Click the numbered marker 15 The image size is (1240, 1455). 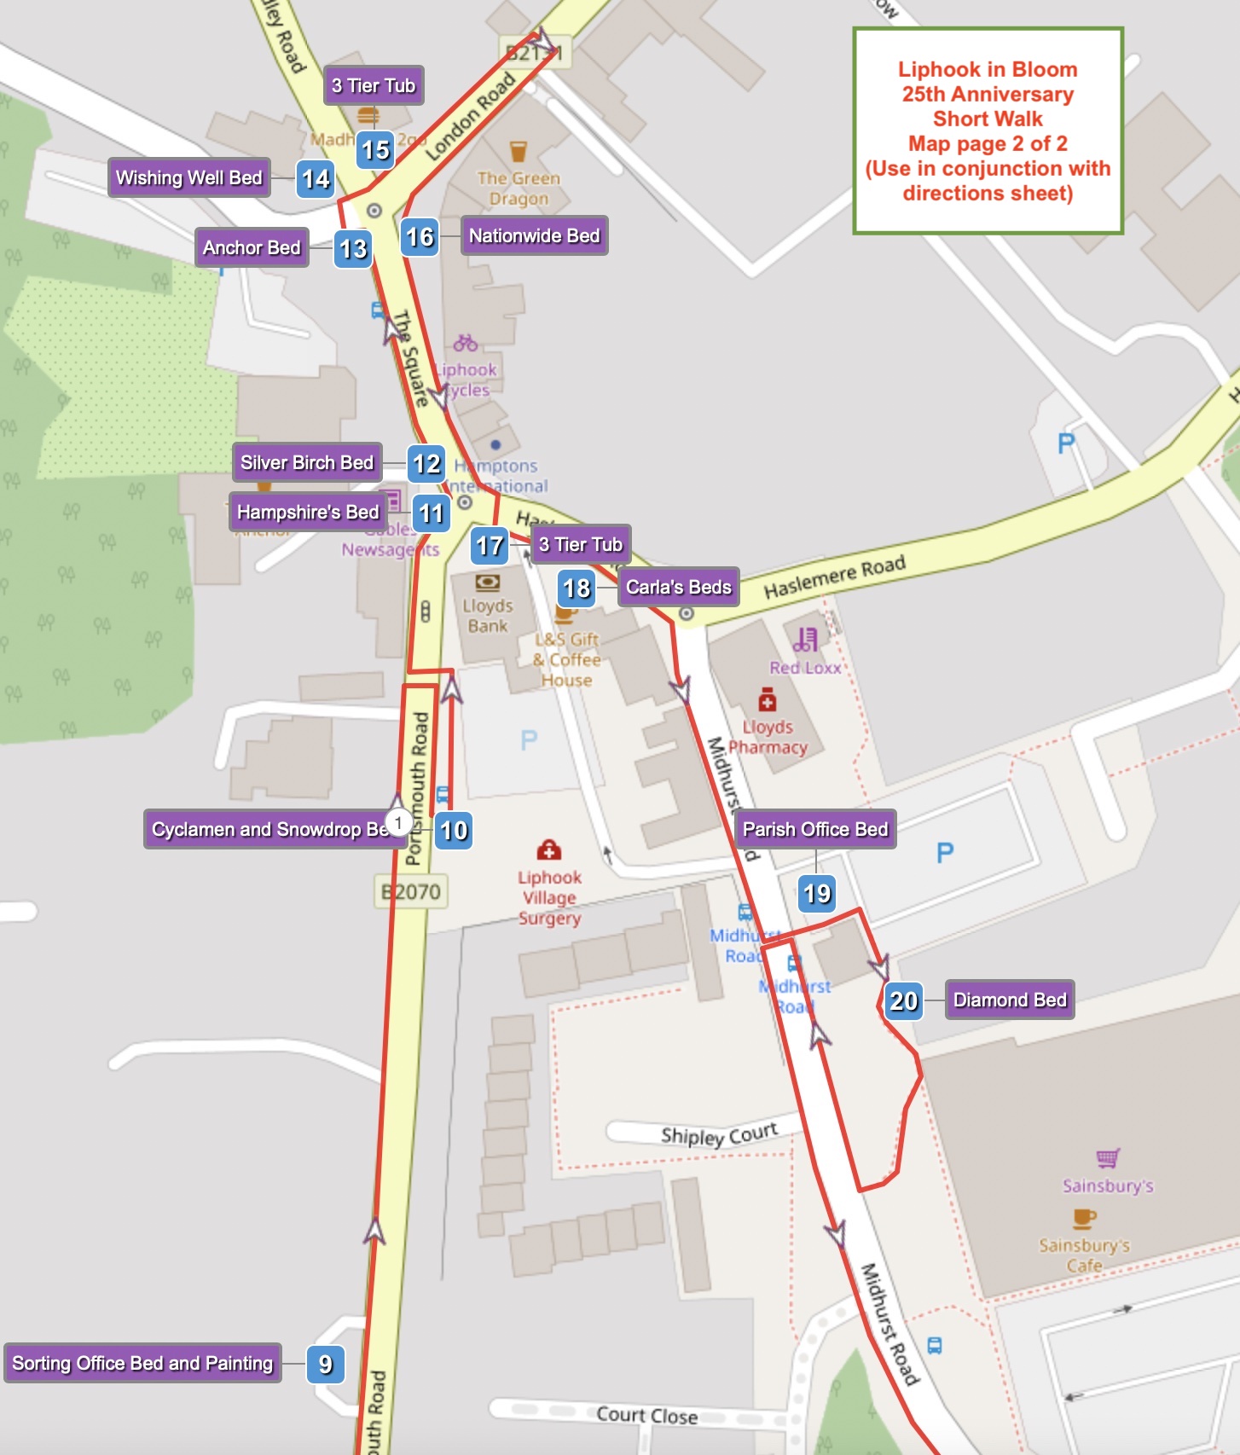(x=375, y=150)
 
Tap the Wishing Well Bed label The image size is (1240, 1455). (x=188, y=177)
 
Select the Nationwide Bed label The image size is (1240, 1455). (x=534, y=235)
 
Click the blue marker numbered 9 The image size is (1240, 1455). (x=325, y=1364)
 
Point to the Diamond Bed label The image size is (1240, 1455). (x=1010, y=1000)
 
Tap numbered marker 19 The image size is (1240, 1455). (x=816, y=893)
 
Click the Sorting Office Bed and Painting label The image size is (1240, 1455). (x=142, y=1363)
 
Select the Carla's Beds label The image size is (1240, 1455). (x=678, y=587)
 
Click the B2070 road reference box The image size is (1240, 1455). (x=412, y=892)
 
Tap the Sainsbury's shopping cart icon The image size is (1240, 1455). (x=1107, y=1157)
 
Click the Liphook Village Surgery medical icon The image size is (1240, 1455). (x=549, y=849)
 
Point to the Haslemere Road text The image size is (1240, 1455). (x=834, y=577)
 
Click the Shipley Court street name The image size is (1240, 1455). (x=719, y=1134)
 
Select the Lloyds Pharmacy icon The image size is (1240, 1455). (x=768, y=701)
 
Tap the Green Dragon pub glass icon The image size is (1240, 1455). (x=518, y=152)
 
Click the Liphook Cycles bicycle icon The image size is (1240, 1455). (x=465, y=343)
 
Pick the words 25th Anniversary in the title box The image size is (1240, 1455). (x=988, y=94)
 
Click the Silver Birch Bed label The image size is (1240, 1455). (x=307, y=462)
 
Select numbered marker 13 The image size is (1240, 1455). (x=352, y=249)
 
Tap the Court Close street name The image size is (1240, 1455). (x=646, y=1415)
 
